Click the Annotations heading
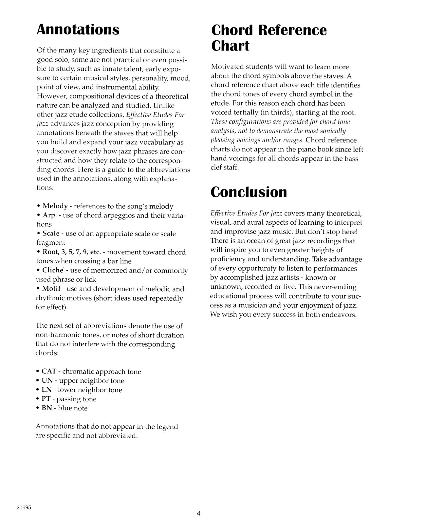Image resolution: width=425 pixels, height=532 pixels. pyautogui.click(x=78, y=29)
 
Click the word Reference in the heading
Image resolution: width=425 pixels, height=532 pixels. pyautogui.click(x=292, y=30)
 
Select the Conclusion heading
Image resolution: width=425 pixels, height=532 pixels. pyautogui.click(x=249, y=192)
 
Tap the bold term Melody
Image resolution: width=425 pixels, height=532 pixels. pyautogui.click(x=55, y=206)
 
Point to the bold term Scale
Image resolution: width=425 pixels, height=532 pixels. pyautogui.click(x=51, y=234)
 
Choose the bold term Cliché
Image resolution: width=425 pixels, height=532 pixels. pyautogui.click(x=53, y=270)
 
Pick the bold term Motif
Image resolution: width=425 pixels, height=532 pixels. pyautogui.click(x=51, y=289)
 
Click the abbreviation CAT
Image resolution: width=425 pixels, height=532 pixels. pyautogui.click(x=49, y=371)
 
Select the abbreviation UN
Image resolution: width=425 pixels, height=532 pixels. pyautogui.click(x=47, y=380)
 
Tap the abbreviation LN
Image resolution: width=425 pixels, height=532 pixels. pyautogui.click(x=47, y=390)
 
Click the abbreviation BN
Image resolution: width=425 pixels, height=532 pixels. pyautogui.click(x=46, y=408)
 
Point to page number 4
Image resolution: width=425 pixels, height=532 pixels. pyautogui.click(x=199, y=513)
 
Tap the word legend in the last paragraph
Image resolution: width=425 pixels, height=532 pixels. pyautogui.click(x=167, y=426)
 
